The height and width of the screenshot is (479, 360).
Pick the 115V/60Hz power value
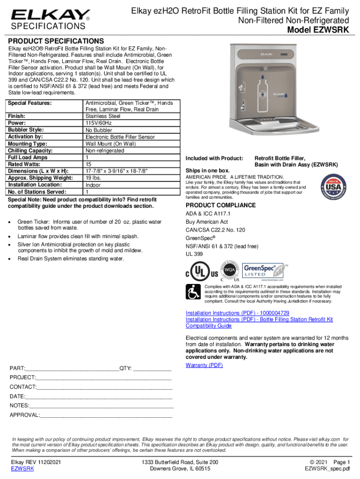tap(99, 123)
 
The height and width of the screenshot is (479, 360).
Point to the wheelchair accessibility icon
tap(193, 293)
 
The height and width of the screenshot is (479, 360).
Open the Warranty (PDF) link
tap(204, 365)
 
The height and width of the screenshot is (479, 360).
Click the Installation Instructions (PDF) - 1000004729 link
tap(237, 312)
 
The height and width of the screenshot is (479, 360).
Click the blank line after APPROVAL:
tap(106, 414)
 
